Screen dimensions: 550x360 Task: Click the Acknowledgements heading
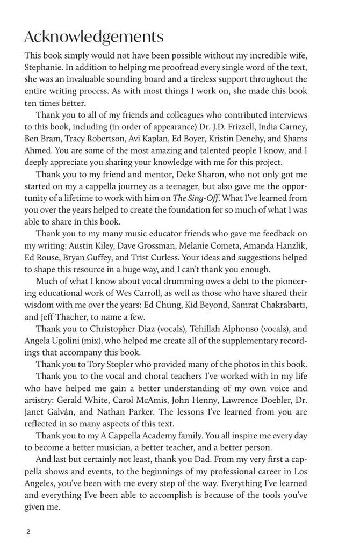click(x=94, y=37)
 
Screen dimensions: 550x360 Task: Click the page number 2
click(x=29, y=531)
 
